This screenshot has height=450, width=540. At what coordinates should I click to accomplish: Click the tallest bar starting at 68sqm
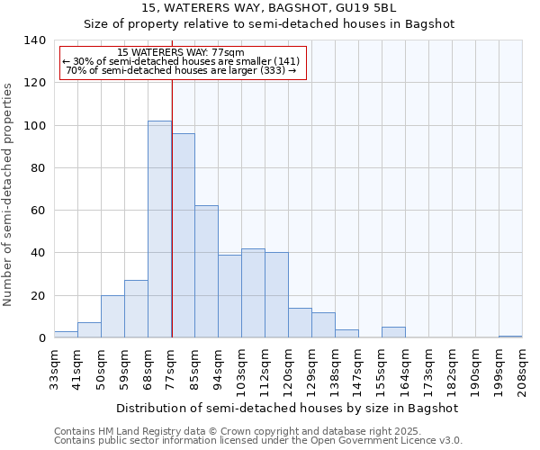(159, 229)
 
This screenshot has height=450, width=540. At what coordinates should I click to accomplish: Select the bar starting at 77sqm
(183, 236)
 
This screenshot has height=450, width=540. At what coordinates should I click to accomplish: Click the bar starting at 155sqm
(393, 332)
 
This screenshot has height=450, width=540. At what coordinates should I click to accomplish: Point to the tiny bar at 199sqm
(510, 337)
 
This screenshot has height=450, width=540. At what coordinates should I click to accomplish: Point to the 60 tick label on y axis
(38, 211)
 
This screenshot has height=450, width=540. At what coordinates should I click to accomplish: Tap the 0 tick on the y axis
(41, 338)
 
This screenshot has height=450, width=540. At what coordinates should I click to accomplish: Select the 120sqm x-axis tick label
(288, 369)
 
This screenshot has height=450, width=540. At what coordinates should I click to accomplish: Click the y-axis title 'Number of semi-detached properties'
(8, 193)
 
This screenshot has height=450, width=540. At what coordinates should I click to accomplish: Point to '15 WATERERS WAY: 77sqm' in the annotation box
(181, 53)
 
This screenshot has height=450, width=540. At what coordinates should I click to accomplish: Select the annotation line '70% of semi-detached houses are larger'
(181, 70)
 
